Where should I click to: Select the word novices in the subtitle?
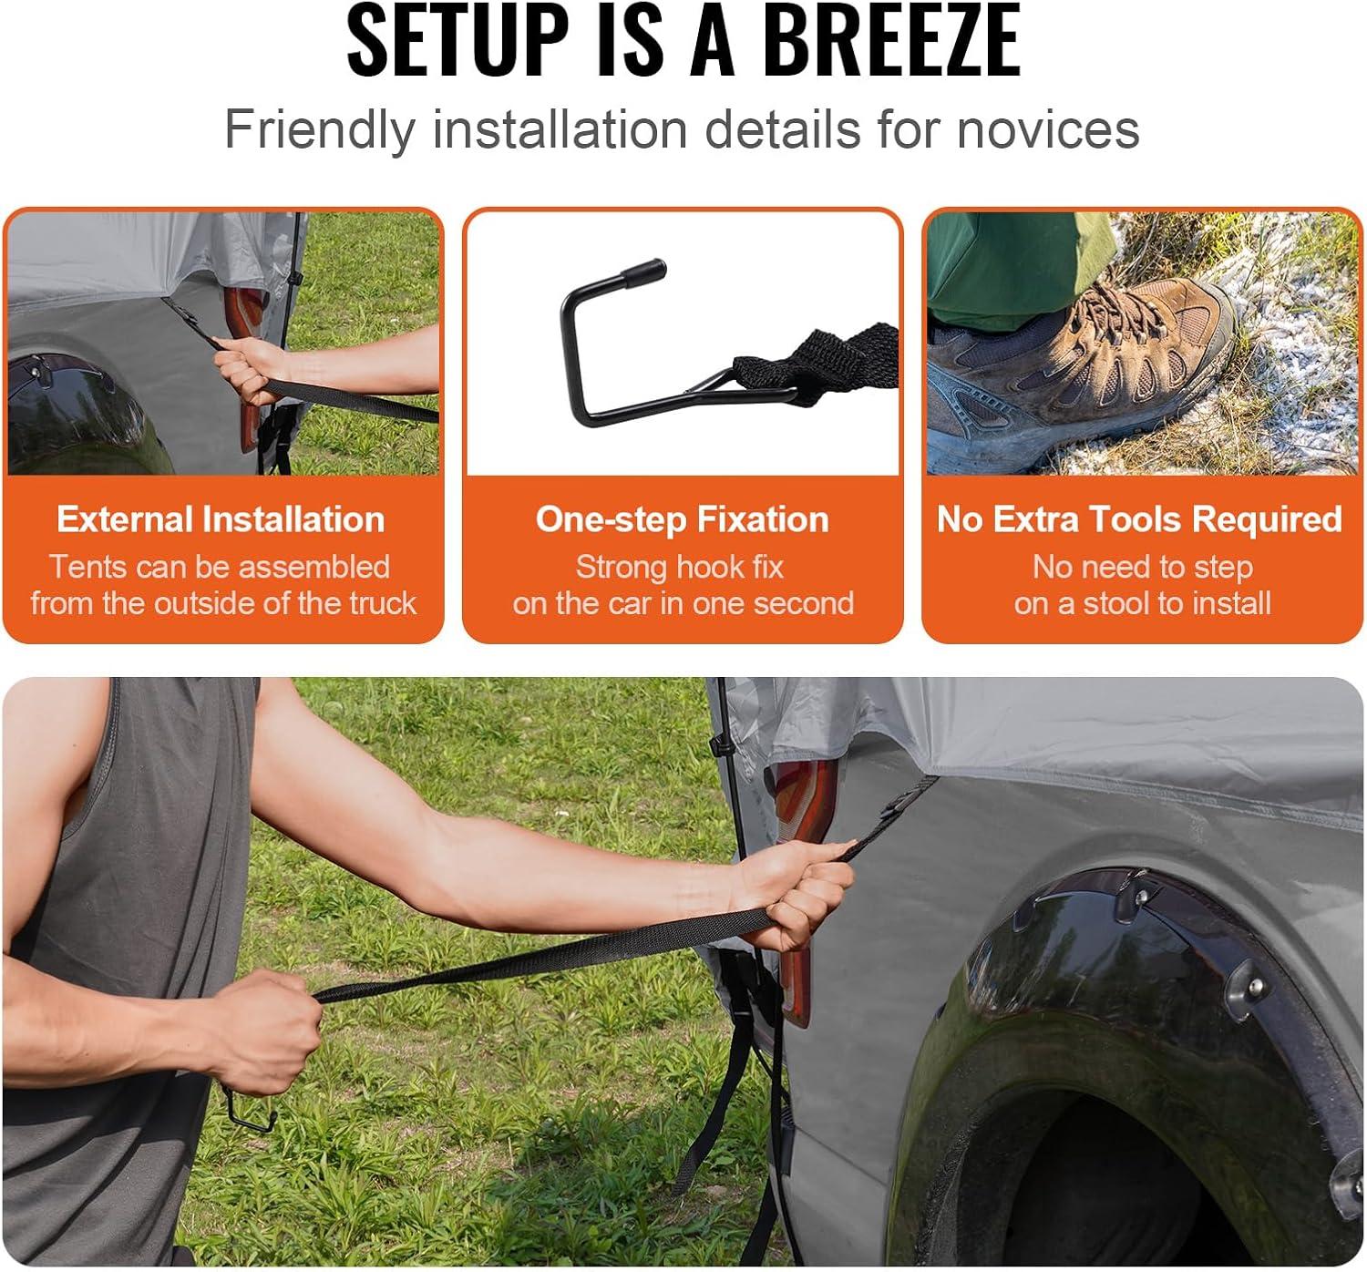1048,129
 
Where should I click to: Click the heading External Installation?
221,519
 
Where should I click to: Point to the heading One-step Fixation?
682,519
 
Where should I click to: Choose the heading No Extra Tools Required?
1139,519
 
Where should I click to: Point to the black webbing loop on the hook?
816,363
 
